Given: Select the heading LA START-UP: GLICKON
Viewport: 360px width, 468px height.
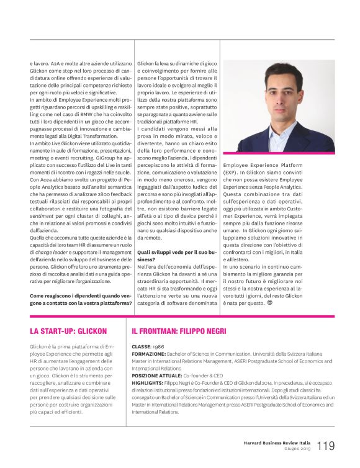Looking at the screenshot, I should point(68,331).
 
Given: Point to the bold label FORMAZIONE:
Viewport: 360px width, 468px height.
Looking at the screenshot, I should point(148,354).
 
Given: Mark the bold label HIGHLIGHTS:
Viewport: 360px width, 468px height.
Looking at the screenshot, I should point(147,383).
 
